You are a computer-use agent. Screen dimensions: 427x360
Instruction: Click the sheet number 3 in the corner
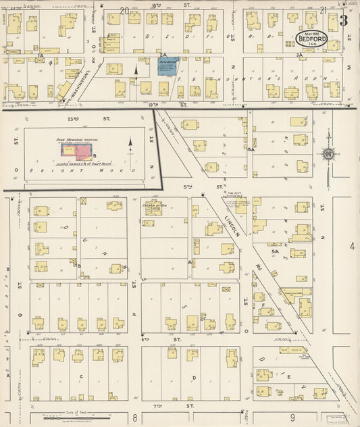(x=343, y=20)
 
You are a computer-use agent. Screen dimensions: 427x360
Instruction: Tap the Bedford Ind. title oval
(x=313, y=37)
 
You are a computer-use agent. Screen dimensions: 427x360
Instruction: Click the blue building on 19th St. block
(x=168, y=66)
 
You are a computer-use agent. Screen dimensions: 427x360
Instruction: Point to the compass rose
(x=328, y=155)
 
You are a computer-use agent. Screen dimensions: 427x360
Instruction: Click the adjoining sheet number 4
(x=351, y=246)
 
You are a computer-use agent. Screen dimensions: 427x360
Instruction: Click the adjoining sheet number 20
(x=124, y=10)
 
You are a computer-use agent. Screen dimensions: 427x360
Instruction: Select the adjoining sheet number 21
(x=323, y=10)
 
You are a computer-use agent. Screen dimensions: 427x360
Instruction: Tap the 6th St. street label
(x=177, y=339)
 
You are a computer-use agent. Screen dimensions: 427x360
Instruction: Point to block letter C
(x=81, y=376)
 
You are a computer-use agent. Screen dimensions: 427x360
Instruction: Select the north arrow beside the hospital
(x=131, y=144)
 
